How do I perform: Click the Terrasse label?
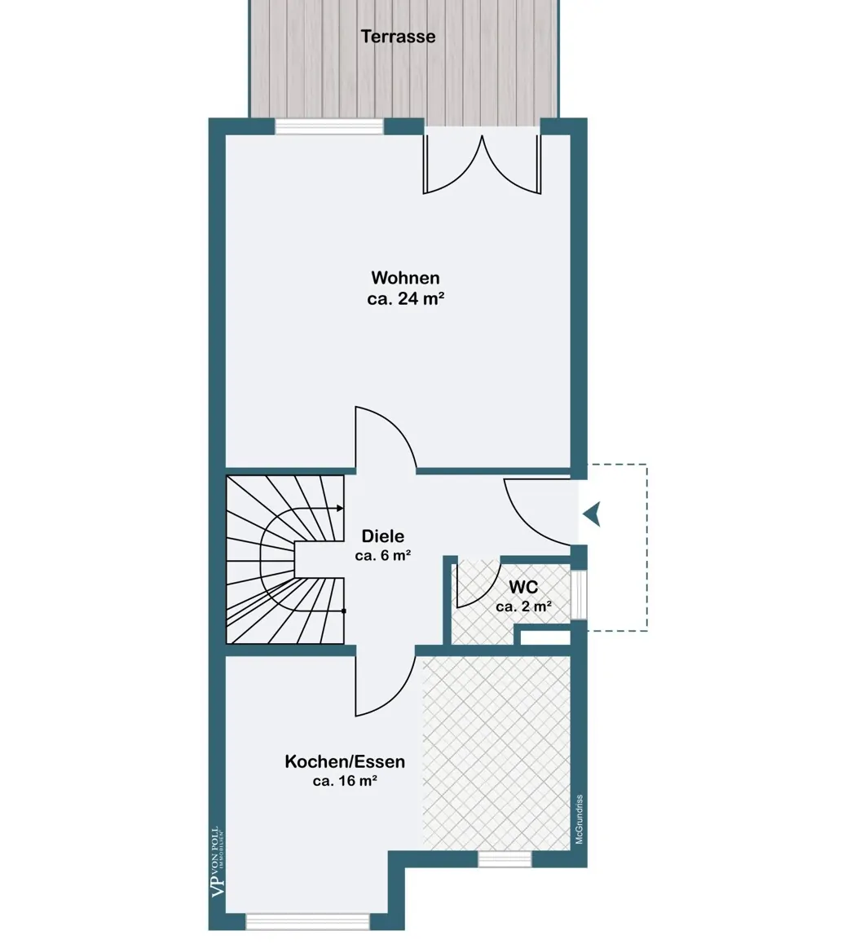coord(398,37)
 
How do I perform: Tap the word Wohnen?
coord(405,277)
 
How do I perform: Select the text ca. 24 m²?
coord(406,298)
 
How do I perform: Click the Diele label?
coord(383,536)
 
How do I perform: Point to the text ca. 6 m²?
coord(383,555)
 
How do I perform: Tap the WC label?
coord(523,587)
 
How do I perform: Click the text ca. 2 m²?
coord(523,606)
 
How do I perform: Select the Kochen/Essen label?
coord(345,761)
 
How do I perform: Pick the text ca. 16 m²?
coord(345,781)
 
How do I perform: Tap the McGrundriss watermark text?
coord(579,819)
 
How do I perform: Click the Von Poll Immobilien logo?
coord(218,862)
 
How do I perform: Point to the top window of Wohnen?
coord(329,126)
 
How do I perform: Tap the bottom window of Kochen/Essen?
coord(308,921)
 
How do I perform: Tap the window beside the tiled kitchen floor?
coord(505,859)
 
